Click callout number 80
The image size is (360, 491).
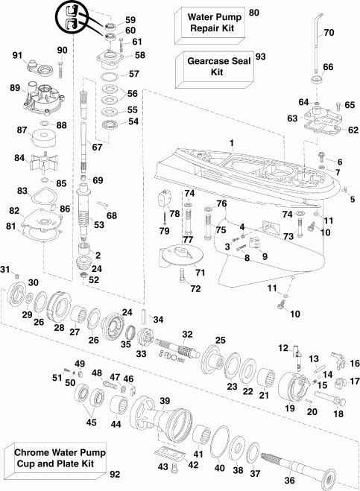[253, 13]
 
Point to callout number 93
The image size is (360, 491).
[260, 57]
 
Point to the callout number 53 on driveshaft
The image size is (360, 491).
[98, 224]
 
